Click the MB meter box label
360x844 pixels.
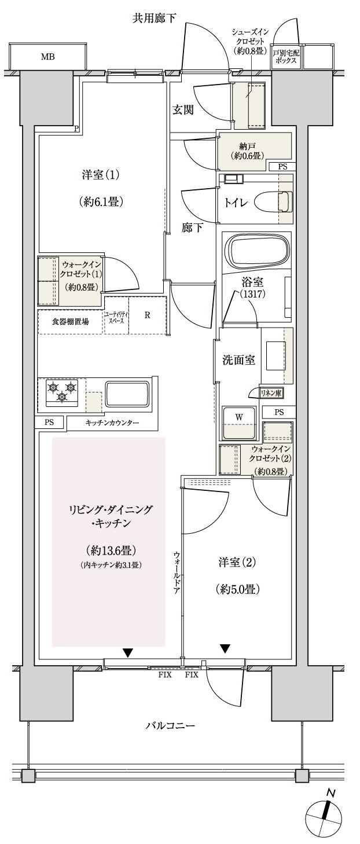click(47, 57)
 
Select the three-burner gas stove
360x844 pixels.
click(61, 391)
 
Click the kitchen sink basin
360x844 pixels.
click(127, 394)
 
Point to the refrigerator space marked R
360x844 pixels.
click(148, 315)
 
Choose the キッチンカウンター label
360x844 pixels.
click(112, 423)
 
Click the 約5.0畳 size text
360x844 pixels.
click(238, 590)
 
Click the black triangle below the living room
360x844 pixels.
click(127, 653)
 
